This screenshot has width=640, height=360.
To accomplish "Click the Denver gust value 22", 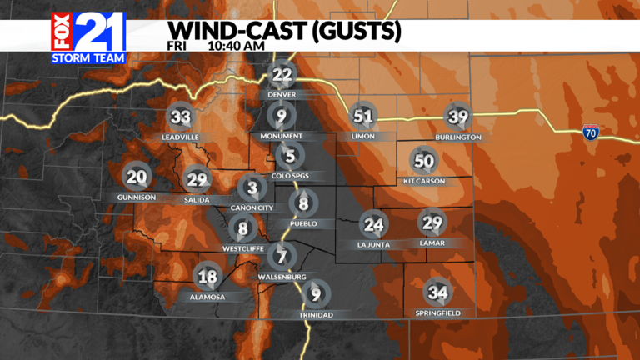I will (282, 76).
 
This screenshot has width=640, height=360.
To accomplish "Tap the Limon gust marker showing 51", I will (362, 117).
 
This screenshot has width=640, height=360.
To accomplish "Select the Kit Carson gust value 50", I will (424, 161).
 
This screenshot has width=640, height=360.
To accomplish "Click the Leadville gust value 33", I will (179, 117).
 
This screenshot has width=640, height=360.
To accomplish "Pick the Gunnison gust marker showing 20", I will (137, 177).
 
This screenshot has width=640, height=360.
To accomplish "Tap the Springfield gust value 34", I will (437, 292).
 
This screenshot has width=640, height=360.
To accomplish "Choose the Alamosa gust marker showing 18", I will (207, 277).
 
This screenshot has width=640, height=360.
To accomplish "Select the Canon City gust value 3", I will (251, 187).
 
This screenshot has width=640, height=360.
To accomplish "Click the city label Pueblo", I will (303, 223).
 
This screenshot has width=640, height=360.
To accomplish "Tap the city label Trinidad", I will (316, 314).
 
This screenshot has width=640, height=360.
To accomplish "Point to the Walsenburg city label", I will (282, 277).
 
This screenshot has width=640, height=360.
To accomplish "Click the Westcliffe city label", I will (242, 247).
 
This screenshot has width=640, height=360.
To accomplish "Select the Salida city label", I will (197, 200).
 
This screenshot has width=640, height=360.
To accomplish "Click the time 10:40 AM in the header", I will (237, 46).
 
